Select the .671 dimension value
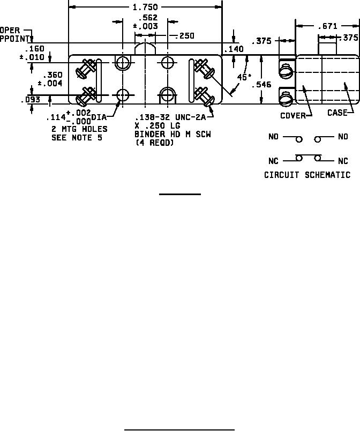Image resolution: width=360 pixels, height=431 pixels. pos(327,26)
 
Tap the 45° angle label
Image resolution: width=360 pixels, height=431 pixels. pos(244,77)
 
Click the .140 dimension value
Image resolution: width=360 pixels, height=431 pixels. pos(234,49)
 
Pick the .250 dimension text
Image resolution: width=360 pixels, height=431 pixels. pos(185,36)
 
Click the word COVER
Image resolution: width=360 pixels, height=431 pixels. pos(292,115)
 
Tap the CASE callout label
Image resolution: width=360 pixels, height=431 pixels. pos(337,113)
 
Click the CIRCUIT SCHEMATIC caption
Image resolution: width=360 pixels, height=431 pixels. pos(307,175)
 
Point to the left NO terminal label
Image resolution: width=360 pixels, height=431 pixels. pos(274,137)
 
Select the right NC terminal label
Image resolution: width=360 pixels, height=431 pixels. pos(343,161)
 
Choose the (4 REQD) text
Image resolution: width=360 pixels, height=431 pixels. pos(154,143)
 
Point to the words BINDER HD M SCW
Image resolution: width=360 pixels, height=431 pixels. pos(172,134)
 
